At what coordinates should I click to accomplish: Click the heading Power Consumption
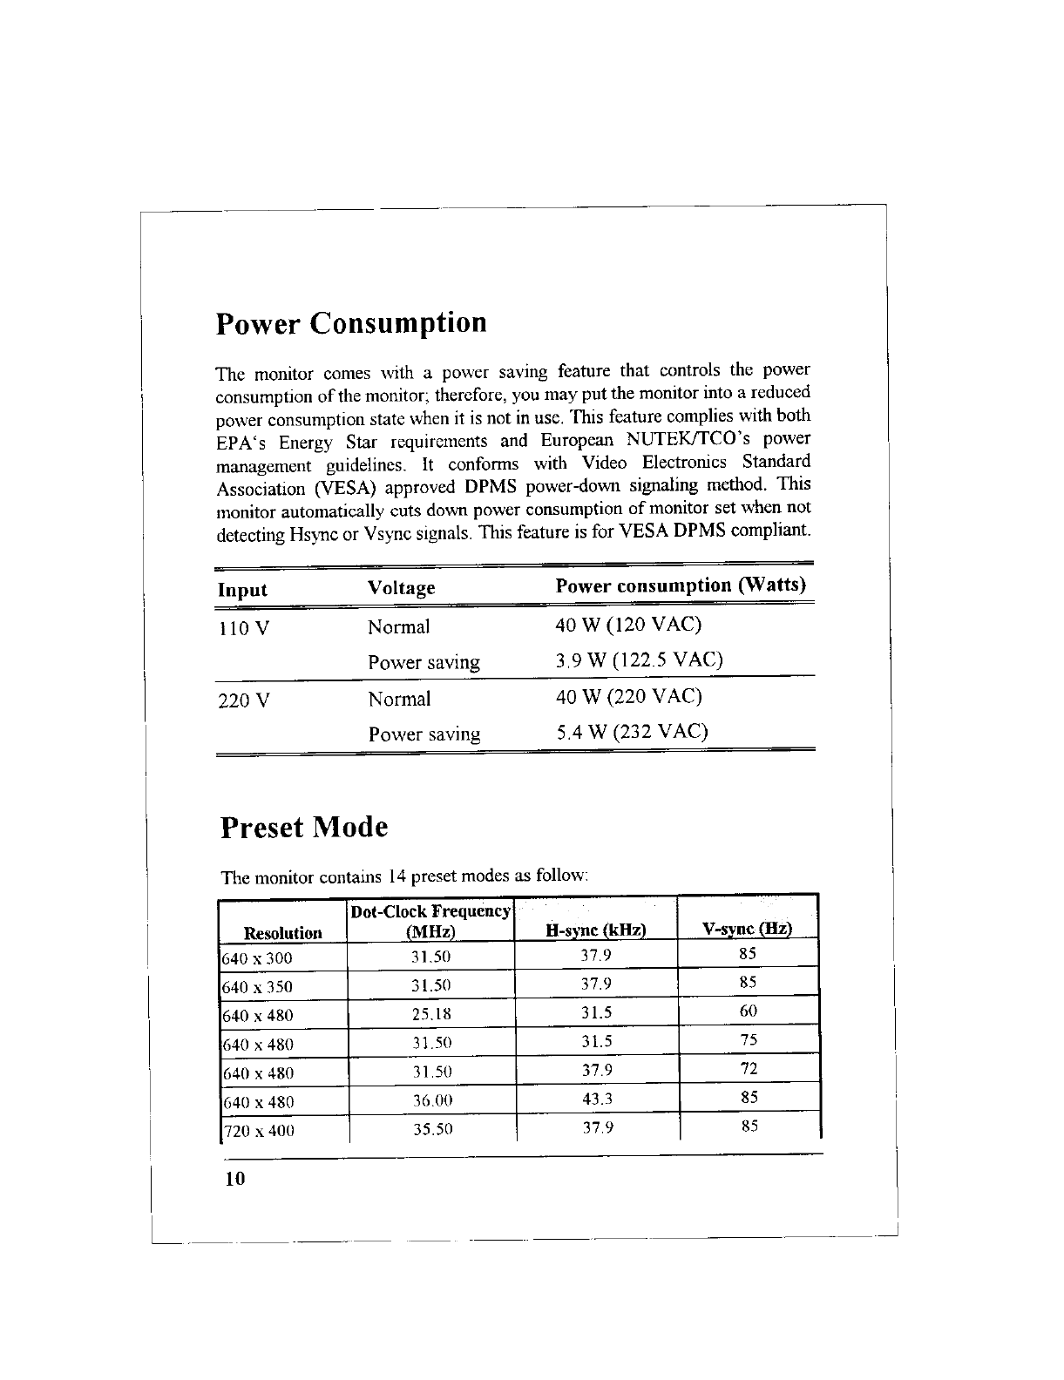click(351, 324)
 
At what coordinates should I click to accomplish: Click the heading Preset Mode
click(304, 826)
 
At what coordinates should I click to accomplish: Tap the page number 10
click(235, 1179)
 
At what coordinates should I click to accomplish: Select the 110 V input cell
click(243, 628)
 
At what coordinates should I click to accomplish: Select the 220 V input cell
click(245, 700)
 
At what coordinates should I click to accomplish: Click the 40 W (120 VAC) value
click(628, 625)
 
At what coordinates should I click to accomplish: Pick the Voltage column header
click(401, 588)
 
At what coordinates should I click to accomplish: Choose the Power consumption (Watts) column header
click(681, 585)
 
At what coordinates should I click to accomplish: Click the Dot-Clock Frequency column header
click(430, 922)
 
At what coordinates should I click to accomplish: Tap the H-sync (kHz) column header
click(596, 930)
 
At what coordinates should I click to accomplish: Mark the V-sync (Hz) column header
click(748, 929)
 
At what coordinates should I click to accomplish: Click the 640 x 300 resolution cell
click(258, 958)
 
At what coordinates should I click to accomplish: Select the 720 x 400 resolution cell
click(260, 1131)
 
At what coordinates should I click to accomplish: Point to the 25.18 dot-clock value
click(431, 1015)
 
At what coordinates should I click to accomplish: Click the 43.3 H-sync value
click(597, 1100)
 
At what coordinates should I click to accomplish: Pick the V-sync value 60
click(748, 1011)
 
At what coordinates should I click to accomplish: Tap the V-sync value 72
click(748, 1068)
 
